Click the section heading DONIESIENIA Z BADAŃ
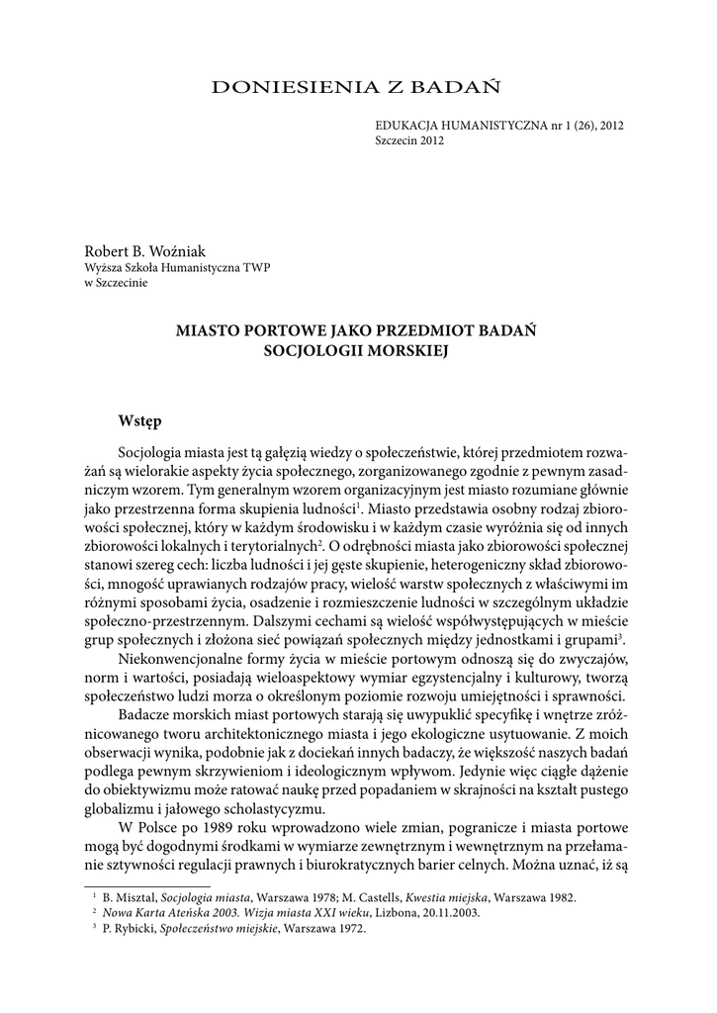click(x=357, y=88)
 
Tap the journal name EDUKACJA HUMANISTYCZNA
click(x=458, y=127)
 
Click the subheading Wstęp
click(x=139, y=420)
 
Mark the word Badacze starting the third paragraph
click(x=145, y=715)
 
